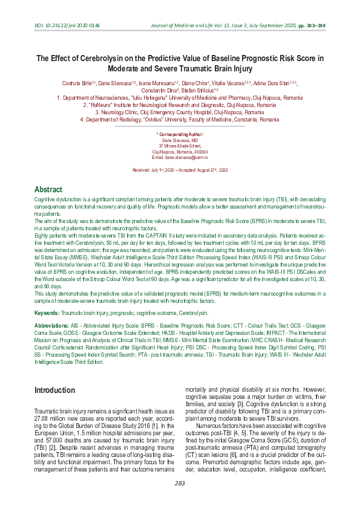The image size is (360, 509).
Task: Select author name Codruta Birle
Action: pyautogui.click(x=77, y=83)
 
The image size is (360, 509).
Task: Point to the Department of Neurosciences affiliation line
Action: pyautogui.click(x=180, y=97)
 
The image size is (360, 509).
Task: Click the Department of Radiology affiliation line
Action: pyautogui.click(x=180, y=120)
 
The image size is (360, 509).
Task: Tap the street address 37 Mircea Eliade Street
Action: pyautogui.click(x=180, y=145)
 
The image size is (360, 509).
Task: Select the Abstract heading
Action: pyautogui.click(x=48, y=189)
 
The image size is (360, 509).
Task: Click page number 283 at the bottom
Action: pyautogui.click(x=180, y=482)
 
